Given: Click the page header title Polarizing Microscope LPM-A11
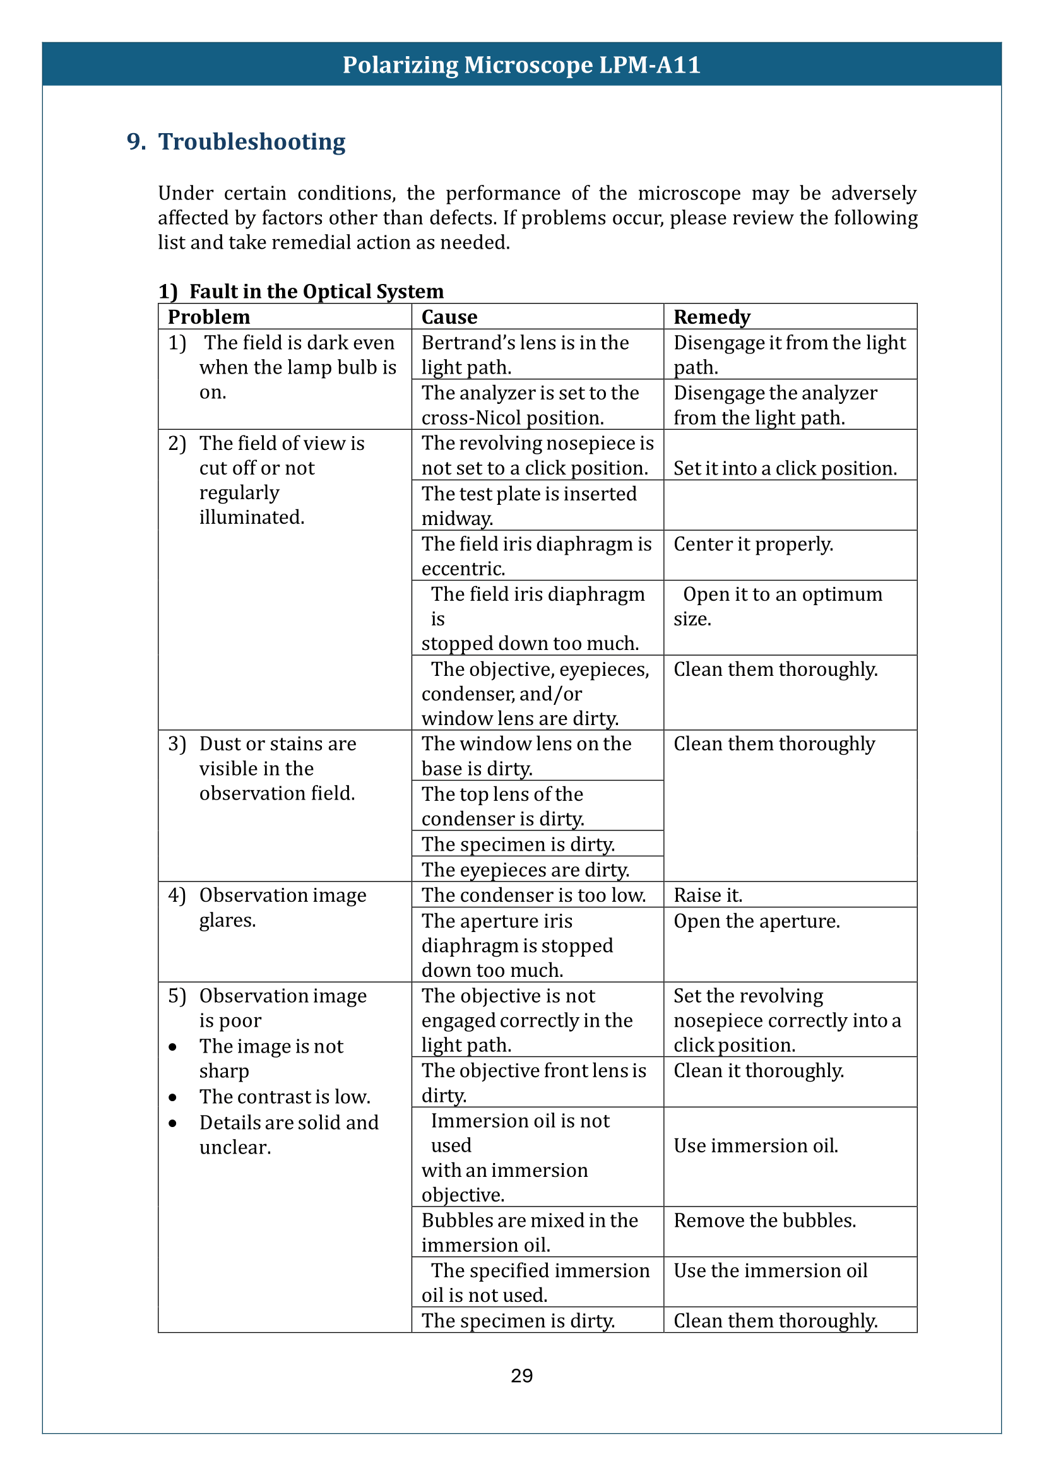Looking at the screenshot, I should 521,65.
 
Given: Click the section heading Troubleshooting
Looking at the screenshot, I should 251,141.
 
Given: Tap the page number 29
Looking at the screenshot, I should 521,1376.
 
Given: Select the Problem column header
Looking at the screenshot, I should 209,317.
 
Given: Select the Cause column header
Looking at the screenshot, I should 449,317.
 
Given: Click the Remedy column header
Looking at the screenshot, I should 711,317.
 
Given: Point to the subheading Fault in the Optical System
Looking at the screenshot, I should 316,291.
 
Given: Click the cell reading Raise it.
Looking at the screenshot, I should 708,895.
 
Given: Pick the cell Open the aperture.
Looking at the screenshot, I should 757,921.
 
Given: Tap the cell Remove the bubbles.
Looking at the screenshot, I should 764,1220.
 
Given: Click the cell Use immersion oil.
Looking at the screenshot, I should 756,1145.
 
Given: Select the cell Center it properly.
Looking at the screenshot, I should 753,544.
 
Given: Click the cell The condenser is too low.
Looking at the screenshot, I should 533,895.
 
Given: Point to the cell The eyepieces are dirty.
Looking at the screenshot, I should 525,870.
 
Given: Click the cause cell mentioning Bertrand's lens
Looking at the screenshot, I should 525,354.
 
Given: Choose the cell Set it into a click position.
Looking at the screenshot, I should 785,468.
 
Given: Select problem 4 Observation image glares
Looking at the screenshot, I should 282,907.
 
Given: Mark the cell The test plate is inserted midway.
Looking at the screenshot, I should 528,505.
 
